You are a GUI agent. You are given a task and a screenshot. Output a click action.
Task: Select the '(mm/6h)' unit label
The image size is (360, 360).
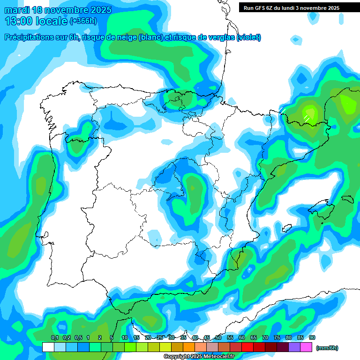point(327,348)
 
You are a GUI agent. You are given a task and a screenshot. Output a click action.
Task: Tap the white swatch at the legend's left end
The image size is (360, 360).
point(48,347)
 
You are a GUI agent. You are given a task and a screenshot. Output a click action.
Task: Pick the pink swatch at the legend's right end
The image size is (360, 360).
point(306,347)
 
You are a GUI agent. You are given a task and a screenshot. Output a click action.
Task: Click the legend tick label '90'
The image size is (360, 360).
point(312,338)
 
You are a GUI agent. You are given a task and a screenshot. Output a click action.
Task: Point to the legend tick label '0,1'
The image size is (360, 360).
point(54,338)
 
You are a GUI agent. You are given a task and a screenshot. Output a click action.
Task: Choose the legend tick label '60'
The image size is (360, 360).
point(242,338)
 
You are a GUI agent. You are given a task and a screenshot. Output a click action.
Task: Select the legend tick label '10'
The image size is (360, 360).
point(125,338)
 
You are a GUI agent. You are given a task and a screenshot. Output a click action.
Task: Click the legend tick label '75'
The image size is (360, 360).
point(277,338)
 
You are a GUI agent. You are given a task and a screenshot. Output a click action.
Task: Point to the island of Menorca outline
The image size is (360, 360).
point(347,199)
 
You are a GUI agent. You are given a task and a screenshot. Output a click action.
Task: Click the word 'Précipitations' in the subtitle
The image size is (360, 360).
point(30,37)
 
